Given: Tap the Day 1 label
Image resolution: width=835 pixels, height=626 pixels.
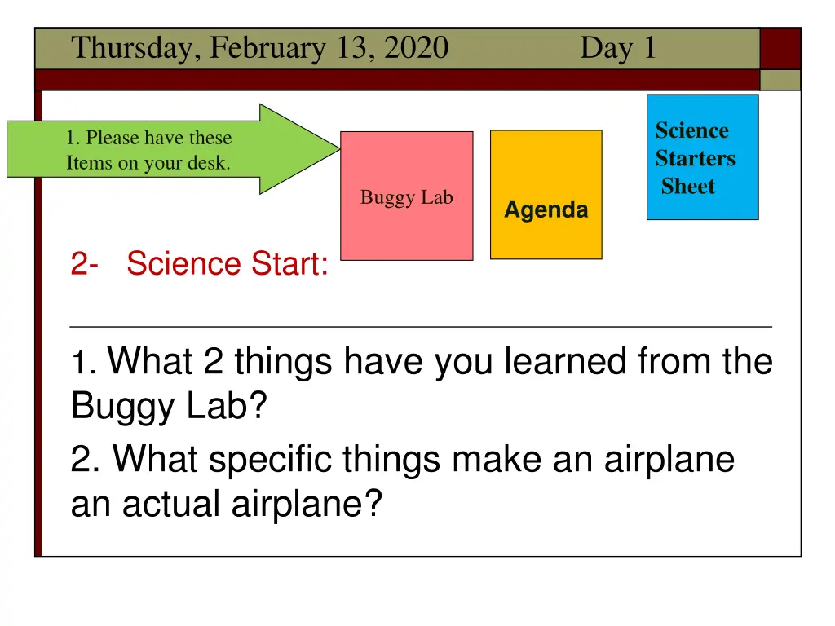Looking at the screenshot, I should click(x=617, y=49).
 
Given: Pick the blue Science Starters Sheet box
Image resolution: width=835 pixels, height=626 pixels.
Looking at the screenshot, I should click(x=702, y=157).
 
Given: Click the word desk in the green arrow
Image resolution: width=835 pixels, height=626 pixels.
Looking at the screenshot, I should click(x=209, y=163).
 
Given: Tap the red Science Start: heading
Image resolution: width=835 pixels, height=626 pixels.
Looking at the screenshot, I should click(x=228, y=264).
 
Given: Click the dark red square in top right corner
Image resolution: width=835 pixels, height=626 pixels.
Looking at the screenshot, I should click(x=780, y=48).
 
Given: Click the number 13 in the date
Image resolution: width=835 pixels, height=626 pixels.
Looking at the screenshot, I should click(x=352, y=49).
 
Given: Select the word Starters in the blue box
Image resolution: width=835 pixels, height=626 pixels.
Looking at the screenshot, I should click(x=695, y=158).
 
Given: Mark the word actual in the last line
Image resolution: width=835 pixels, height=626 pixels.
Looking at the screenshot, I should click(x=172, y=504).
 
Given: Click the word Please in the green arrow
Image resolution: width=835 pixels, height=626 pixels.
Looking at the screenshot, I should click(x=112, y=139).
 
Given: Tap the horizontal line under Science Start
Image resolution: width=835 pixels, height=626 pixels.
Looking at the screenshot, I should click(x=421, y=326).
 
